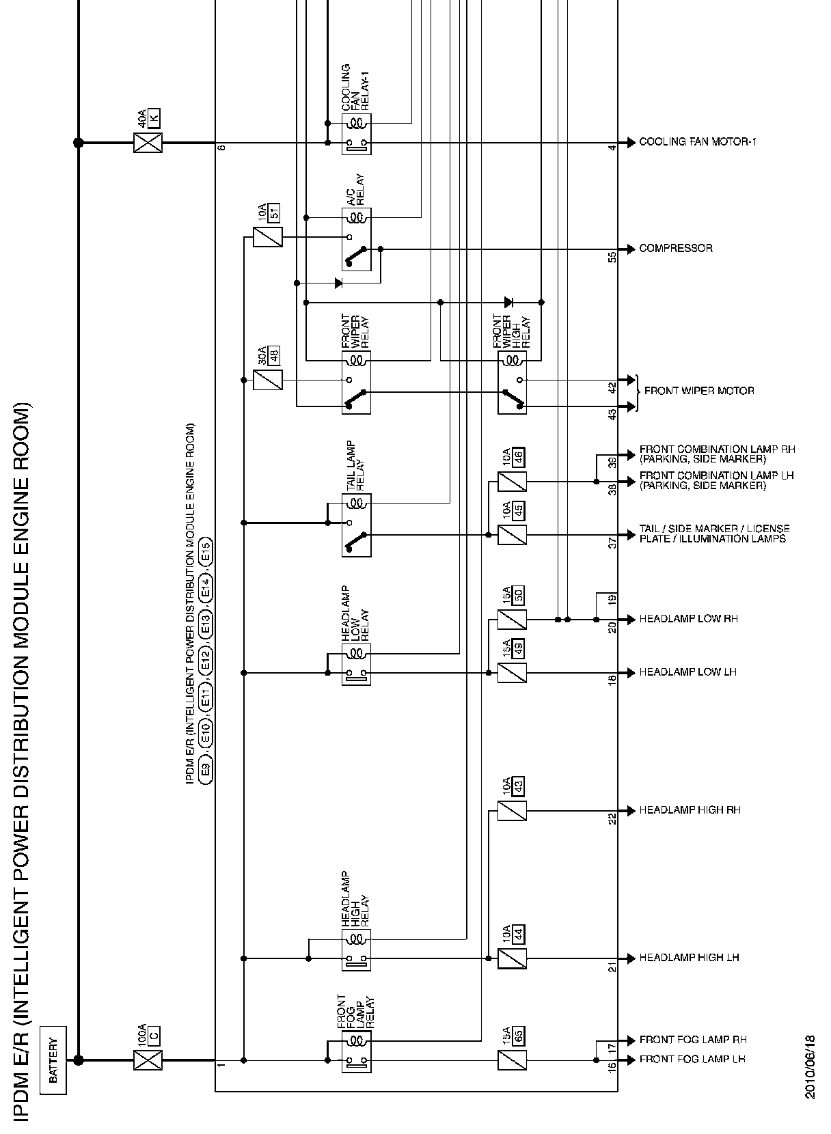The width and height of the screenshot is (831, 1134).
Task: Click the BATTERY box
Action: pos(53,1060)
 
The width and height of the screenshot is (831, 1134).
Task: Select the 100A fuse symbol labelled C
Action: pos(148,1060)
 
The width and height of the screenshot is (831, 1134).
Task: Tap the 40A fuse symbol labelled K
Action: pos(148,143)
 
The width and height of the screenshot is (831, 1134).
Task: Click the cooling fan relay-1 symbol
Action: pos(356,134)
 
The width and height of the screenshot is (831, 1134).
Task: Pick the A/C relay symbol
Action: pos(356,238)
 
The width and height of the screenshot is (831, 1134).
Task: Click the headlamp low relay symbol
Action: pos(356,664)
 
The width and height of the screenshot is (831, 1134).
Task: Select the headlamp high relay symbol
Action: pos(356,949)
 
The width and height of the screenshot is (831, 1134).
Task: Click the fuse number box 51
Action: pos(275,212)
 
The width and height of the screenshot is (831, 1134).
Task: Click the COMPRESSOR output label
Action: pos(675,249)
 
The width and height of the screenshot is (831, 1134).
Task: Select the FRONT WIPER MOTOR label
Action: pos(699,391)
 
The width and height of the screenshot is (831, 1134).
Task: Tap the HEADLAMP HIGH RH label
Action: pos(690,810)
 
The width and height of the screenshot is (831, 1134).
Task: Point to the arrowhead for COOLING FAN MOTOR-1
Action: pos(631,143)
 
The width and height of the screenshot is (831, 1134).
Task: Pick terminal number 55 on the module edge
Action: pos(612,257)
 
